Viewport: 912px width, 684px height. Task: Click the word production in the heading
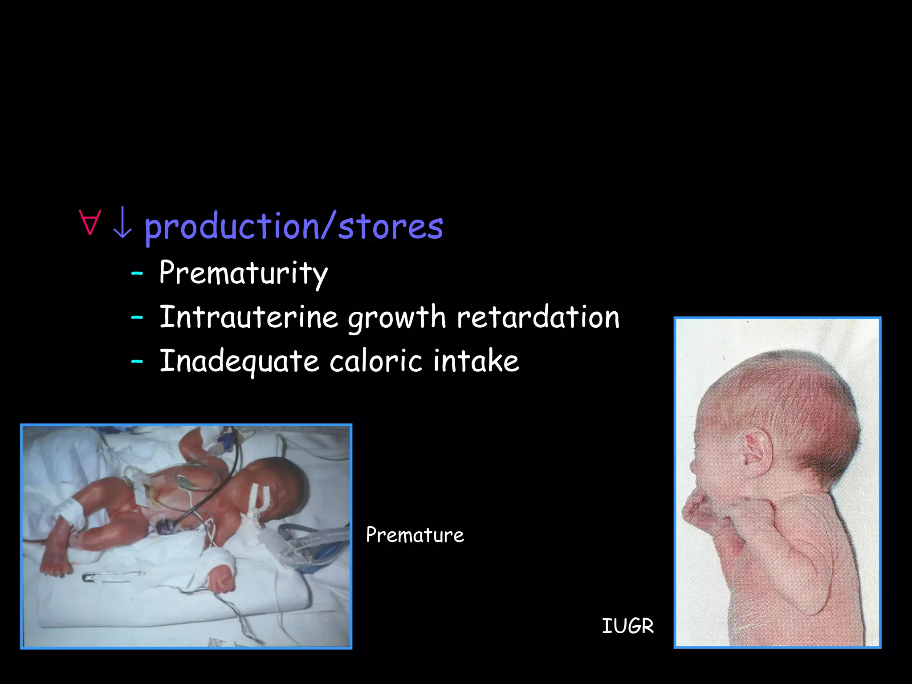232,227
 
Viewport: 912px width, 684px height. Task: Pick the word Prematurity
243,273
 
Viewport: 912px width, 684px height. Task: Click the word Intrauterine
248,317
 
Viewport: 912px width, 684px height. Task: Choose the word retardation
538,317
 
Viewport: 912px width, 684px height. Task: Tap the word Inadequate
239,361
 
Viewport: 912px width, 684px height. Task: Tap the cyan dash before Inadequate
137,361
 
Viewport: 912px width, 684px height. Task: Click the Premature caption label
415,535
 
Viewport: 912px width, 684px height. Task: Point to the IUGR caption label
627,626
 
